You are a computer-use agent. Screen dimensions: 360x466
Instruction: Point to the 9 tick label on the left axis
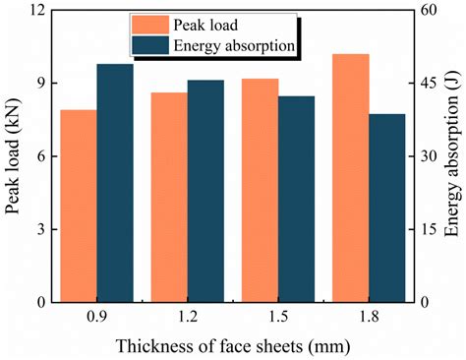43,84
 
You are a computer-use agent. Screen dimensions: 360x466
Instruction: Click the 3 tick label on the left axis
43,230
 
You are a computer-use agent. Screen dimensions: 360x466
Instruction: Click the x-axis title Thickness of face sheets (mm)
232,346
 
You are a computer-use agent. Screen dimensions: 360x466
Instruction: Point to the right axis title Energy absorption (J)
453,157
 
